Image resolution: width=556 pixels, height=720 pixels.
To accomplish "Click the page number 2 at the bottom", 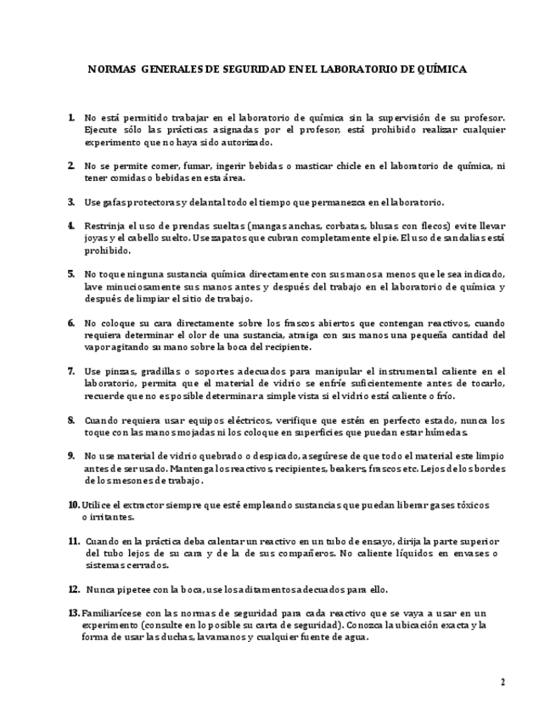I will click(503, 682).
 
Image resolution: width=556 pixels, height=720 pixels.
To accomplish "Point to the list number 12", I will click(74, 588).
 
